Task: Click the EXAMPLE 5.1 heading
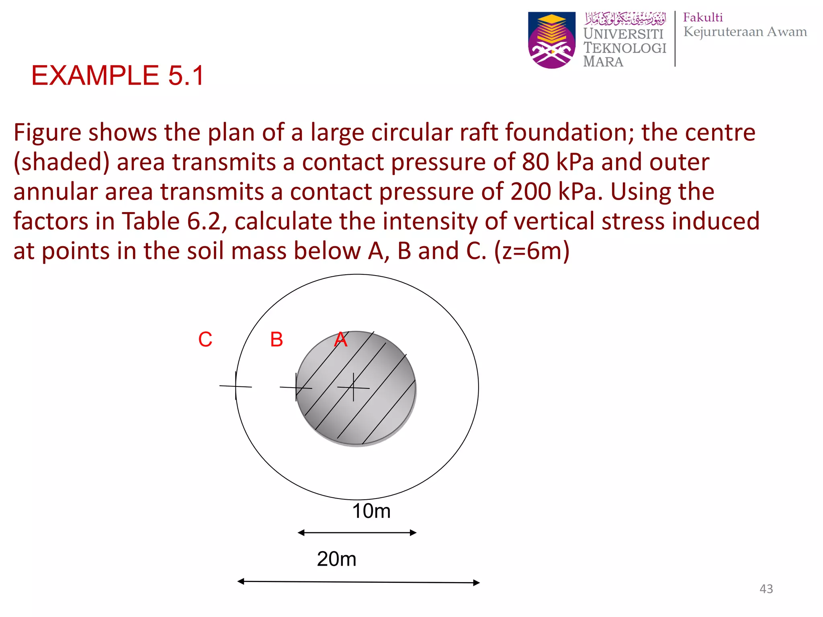118,76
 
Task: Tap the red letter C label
205,340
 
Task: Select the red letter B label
276,340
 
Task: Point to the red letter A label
341,340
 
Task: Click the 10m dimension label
371,511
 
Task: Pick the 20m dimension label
336,559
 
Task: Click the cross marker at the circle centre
353,387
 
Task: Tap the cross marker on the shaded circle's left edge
296,387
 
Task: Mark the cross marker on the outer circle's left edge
235,386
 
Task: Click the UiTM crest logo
551,40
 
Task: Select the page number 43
766,589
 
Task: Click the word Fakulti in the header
703,18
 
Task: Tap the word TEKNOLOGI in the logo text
625,48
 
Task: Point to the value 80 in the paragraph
535,162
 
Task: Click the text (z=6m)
532,251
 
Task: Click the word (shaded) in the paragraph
61,162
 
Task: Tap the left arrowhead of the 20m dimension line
241,581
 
